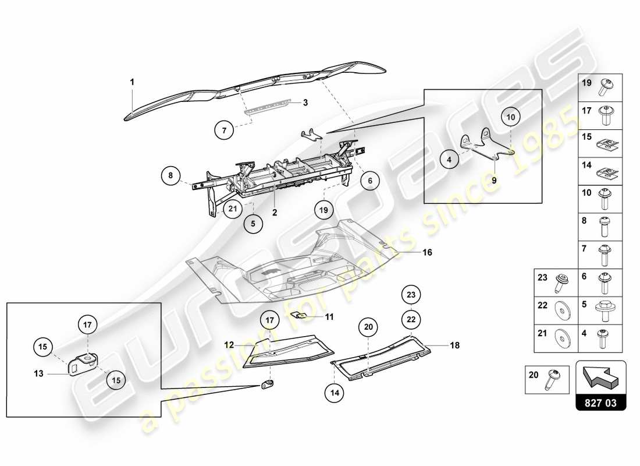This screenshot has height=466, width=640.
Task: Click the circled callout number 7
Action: pos(224,130)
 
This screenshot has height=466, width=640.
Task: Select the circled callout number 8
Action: pos(171,175)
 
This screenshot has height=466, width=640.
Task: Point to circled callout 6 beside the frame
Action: pos(369,181)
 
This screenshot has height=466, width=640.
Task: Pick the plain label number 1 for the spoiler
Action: pos(132,83)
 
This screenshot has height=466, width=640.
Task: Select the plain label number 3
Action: pos(304,103)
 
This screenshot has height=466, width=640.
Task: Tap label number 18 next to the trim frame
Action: pos(454,345)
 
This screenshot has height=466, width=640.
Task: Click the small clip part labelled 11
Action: pos(298,315)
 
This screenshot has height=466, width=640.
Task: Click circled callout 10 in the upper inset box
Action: pos(510,117)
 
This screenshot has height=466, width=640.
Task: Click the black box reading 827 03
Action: pos(601,402)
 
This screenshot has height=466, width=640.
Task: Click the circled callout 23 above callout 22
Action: pos(411,295)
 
